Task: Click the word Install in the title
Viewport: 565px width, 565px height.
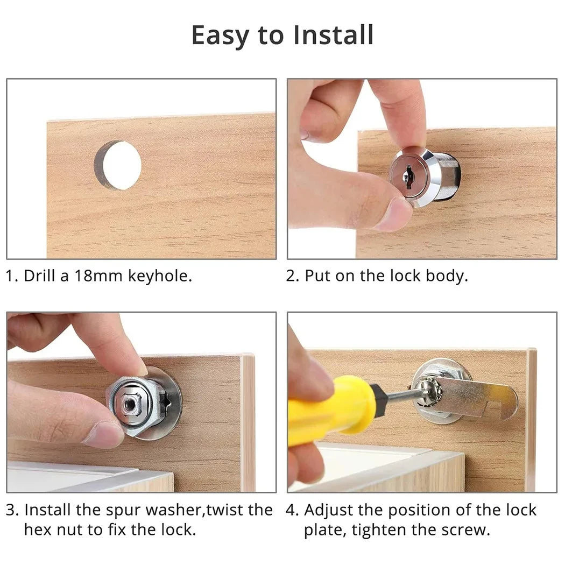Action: pos(333,36)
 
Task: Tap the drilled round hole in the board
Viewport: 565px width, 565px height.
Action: pos(119,165)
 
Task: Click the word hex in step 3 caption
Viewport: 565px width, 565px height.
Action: pos(37,529)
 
